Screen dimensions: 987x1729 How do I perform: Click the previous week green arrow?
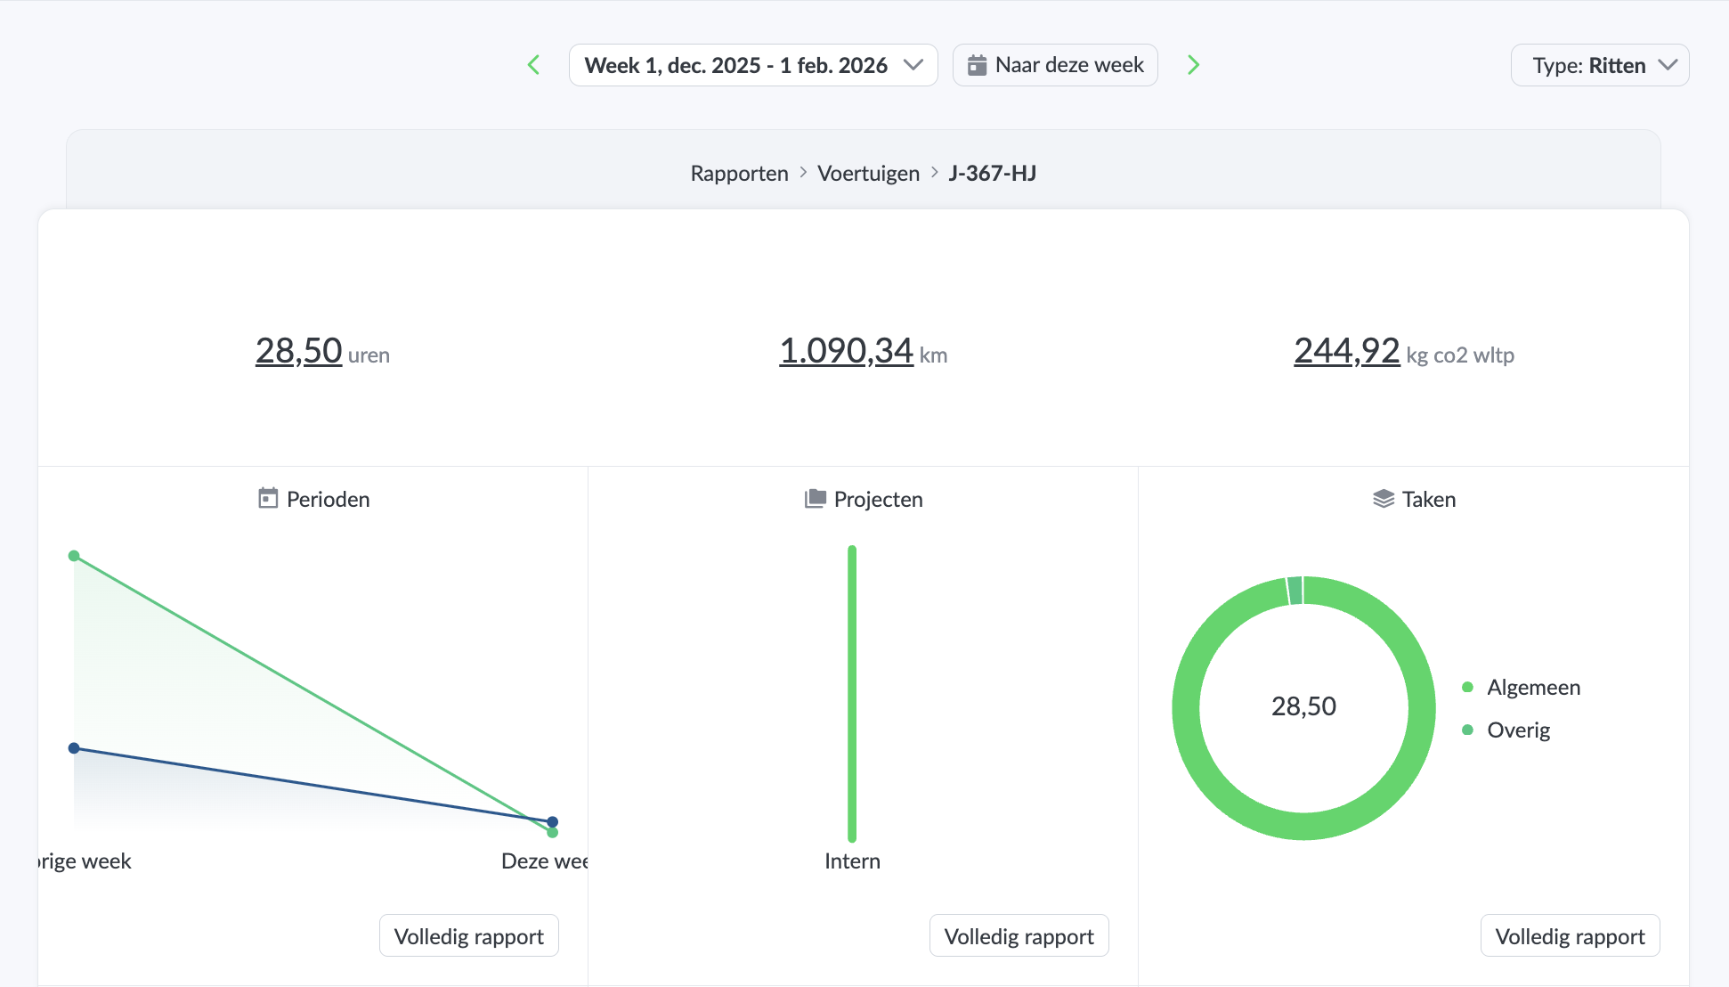pyautogui.click(x=534, y=65)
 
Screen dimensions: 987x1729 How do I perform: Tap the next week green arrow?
pyautogui.click(x=1193, y=65)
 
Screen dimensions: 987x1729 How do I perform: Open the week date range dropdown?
pyautogui.click(x=752, y=65)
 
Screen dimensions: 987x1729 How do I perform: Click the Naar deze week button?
pyautogui.click(x=1055, y=65)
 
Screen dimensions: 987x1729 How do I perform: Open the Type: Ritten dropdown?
pyautogui.click(x=1599, y=65)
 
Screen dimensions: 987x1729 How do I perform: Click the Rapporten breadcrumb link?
pyautogui.click(x=739, y=173)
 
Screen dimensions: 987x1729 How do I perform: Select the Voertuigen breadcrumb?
pyautogui.click(x=868, y=173)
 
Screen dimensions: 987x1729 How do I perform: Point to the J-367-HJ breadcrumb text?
pyautogui.click(x=992, y=173)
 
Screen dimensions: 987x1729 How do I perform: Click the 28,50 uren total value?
pyautogui.click(x=299, y=351)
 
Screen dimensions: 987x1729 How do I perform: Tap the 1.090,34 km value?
pyautogui.click(x=846, y=351)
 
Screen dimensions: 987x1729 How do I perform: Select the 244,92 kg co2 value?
pyautogui.click(x=1346, y=351)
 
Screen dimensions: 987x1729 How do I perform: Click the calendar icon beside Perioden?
pyautogui.click(x=268, y=498)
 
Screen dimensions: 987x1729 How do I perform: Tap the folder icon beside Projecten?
pyautogui.click(x=815, y=498)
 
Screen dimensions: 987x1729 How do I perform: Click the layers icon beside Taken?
pyautogui.click(x=1384, y=498)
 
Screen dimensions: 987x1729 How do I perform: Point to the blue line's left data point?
pyautogui.click(x=74, y=748)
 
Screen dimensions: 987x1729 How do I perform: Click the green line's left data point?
pyautogui.click(x=74, y=556)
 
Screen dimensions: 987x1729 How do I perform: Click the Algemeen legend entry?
pyautogui.click(x=1532, y=687)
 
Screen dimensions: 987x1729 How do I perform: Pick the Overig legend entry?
pyautogui.click(x=1518, y=730)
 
